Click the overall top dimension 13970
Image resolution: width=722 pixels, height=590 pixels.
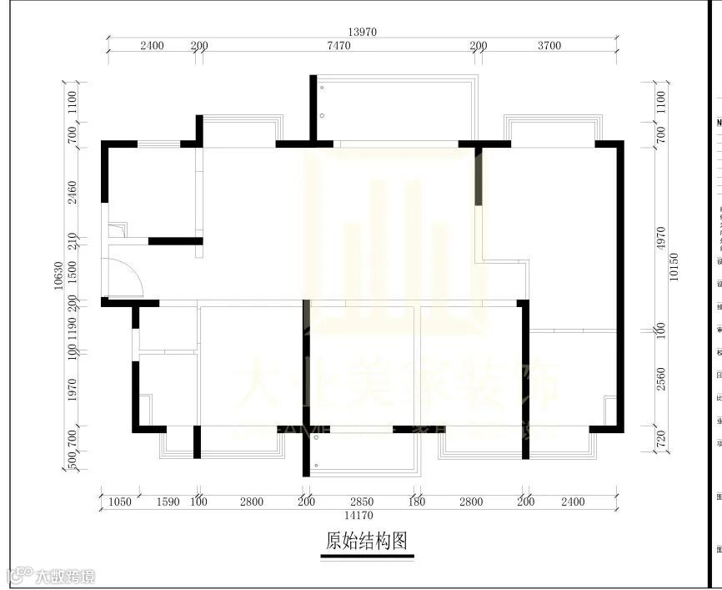point(364,31)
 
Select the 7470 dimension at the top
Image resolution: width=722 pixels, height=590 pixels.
point(338,47)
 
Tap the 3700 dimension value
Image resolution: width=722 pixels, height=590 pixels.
point(549,47)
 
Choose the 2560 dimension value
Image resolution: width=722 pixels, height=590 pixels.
point(661,381)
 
